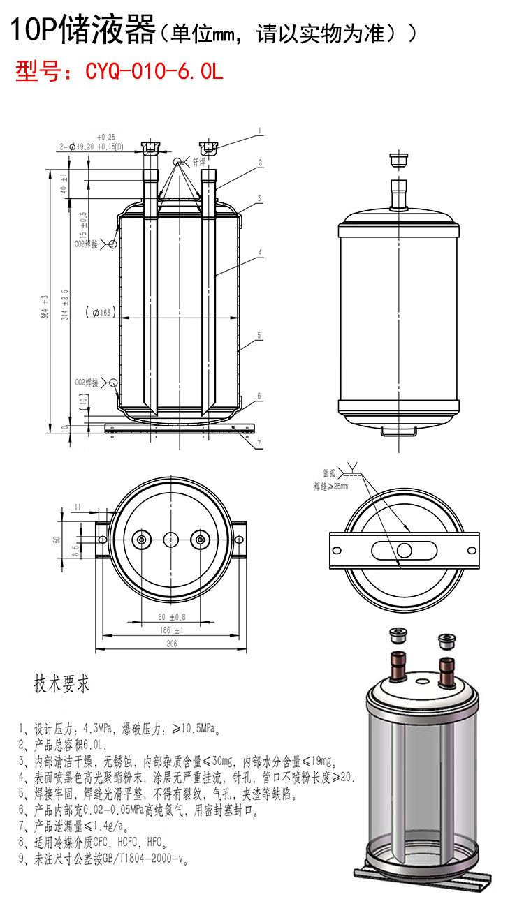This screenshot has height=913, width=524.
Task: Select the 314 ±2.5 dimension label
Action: [65, 304]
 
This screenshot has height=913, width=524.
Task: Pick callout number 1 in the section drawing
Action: [260, 130]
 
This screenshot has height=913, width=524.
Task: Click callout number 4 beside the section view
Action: [260, 252]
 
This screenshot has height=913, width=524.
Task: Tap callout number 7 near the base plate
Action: [260, 443]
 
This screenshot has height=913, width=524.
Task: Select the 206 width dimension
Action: [171, 644]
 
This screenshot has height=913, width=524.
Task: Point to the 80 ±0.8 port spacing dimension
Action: [171, 617]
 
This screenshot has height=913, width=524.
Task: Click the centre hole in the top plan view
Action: [171, 539]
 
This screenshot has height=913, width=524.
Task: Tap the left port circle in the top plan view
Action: [143, 539]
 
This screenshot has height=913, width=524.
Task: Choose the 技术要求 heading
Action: [62, 684]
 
